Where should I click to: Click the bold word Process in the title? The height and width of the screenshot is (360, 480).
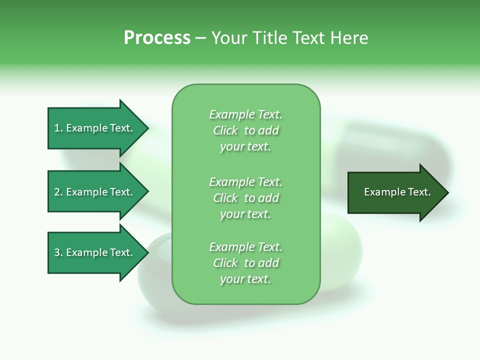[157, 38]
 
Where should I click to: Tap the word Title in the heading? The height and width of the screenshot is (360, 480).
[269, 38]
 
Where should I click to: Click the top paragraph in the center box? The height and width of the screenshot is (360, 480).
[245, 130]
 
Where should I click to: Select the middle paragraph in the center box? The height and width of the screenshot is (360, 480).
[245, 198]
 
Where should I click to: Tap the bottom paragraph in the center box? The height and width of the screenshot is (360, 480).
[245, 263]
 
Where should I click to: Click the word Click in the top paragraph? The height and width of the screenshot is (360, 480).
[225, 130]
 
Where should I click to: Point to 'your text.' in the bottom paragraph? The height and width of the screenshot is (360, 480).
[245, 279]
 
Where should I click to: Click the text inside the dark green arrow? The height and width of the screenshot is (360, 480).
[397, 192]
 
